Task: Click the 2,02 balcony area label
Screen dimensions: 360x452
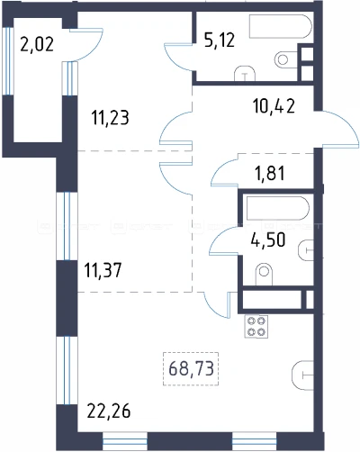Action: (x=37, y=44)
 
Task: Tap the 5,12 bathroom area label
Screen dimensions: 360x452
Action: (x=220, y=40)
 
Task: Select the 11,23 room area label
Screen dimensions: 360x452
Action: (x=111, y=117)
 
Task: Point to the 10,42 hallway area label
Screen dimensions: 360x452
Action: (x=274, y=106)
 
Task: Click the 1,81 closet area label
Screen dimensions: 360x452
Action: (x=270, y=173)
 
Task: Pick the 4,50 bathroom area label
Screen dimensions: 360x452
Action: (x=268, y=240)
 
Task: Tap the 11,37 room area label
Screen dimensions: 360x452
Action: (x=103, y=270)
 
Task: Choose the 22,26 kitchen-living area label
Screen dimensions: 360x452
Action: (x=109, y=411)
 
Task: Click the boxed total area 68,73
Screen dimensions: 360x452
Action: (x=191, y=368)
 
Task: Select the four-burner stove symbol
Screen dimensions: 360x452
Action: (x=256, y=327)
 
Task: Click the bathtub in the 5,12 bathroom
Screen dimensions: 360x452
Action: (x=280, y=27)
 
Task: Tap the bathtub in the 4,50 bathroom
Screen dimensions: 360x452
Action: (x=277, y=208)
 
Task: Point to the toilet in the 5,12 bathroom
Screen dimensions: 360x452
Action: (x=286, y=59)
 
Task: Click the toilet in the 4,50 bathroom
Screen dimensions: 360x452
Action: (x=264, y=274)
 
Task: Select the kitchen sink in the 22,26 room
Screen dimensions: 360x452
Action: (x=302, y=375)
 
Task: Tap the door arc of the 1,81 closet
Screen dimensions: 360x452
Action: (x=221, y=170)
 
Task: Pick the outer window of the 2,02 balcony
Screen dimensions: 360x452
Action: (x=8, y=61)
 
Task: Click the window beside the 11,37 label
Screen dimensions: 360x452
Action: (x=67, y=226)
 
